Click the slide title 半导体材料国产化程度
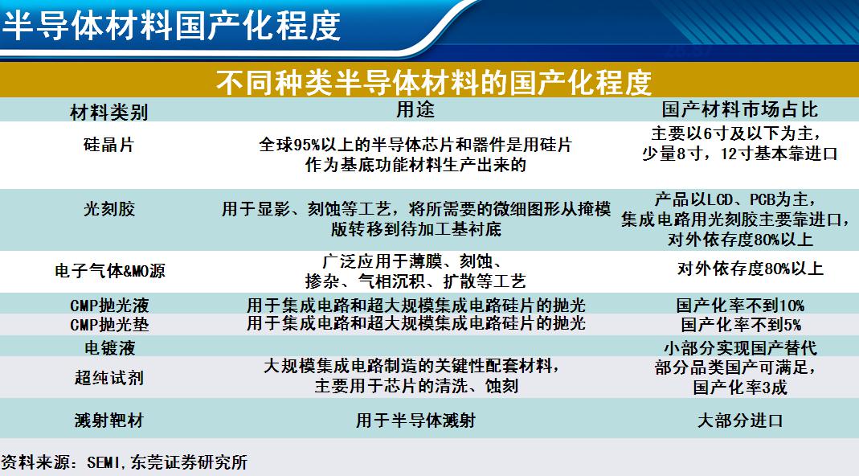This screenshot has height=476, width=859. [x=171, y=25]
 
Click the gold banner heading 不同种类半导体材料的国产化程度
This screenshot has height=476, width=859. [x=433, y=82]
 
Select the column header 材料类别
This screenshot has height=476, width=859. [x=109, y=112]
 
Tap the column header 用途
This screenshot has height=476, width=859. [x=415, y=109]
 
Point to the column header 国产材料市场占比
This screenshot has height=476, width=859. [x=739, y=109]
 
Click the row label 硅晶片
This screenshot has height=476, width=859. [x=108, y=145]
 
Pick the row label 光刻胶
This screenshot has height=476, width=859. [x=108, y=209]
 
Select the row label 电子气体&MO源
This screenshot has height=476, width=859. [x=109, y=270]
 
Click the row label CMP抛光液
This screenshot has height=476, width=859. [x=109, y=305]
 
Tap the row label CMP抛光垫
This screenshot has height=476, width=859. [x=109, y=324]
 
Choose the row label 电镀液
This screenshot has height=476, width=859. [x=109, y=347]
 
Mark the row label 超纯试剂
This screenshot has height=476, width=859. [x=109, y=377]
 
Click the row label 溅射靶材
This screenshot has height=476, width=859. [x=109, y=420]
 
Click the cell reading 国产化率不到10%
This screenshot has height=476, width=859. [x=740, y=305]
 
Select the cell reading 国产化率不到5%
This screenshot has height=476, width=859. [x=741, y=324]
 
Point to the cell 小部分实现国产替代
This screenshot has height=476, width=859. [x=740, y=347]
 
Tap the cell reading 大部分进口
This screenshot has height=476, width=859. [x=740, y=420]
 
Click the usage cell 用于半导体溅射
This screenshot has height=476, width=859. [x=415, y=420]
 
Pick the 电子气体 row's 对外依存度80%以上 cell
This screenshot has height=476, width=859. [x=750, y=269]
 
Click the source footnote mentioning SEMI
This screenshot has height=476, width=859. [x=124, y=462]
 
